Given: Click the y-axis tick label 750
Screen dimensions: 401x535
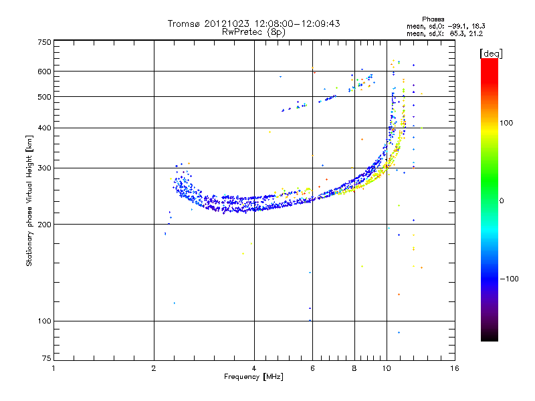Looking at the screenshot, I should click(44, 41).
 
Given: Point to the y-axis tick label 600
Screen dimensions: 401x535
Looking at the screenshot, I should click(44, 71).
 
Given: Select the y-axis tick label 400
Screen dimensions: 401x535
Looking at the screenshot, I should click(44, 128).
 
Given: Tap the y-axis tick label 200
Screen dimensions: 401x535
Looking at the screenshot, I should click(44, 224).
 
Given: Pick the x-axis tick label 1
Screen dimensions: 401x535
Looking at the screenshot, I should click(53, 368).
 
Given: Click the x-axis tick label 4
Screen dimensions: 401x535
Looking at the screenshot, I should click(254, 368).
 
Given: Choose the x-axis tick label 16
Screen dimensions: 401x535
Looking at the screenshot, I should click(454, 368).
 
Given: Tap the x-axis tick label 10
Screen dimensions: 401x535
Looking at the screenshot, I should click(387, 368).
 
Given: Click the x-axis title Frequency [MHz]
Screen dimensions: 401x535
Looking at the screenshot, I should click(253, 377).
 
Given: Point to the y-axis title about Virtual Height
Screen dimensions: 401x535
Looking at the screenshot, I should click(29, 200).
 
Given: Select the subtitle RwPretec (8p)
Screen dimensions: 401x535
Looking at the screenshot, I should click(253, 31).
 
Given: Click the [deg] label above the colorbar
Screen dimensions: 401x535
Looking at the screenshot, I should click(492, 53).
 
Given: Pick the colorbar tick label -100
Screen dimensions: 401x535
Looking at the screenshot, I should click(510, 279).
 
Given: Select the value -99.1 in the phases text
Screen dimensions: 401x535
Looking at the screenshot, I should click(456, 26).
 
